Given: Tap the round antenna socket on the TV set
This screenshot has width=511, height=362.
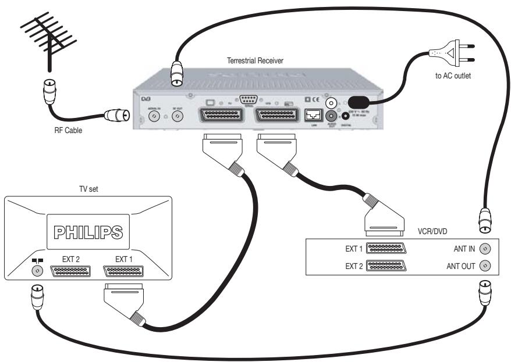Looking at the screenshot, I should tap(39, 271).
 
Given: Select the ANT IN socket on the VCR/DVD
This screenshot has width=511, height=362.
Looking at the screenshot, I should tap(487, 249).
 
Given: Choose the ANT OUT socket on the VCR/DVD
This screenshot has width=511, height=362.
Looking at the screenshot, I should tap(487, 266).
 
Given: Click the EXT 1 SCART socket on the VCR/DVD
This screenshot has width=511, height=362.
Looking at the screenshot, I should tap(388, 248).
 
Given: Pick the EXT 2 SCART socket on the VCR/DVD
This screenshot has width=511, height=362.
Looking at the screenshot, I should tap(388, 266).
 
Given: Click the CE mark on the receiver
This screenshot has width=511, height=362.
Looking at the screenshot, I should tap(312, 99).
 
